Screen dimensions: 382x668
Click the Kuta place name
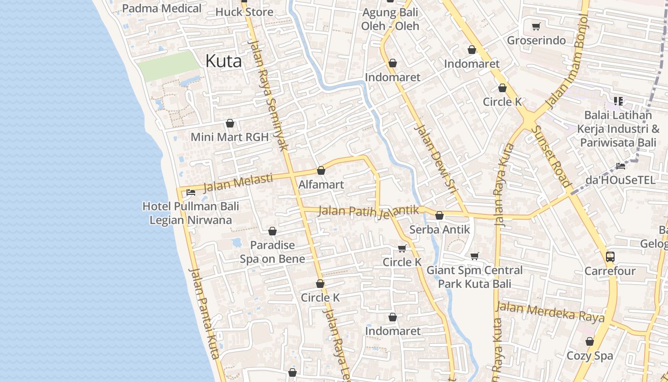pyautogui.click(x=223, y=61)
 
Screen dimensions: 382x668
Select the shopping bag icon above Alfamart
pyautogui.click(x=321, y=170)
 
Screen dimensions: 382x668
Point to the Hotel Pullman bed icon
pyautogui.click(x=191, y=193)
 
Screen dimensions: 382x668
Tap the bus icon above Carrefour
pyautogui.click(x=610, y=257)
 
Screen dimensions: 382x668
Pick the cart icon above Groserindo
pyautogui.click(x=536, y=27)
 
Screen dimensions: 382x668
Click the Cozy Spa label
pyautogui.click(x=590, y=356)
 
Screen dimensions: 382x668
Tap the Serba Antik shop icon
pyautogui.click(x=439, y=216)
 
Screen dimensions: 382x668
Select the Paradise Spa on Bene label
pyautogui.click(x=273, y=252)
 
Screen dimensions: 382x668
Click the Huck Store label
pyautogui.click(x=244, y=12)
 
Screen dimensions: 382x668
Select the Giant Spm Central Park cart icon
pyautogui.click(x=474, y=256)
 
